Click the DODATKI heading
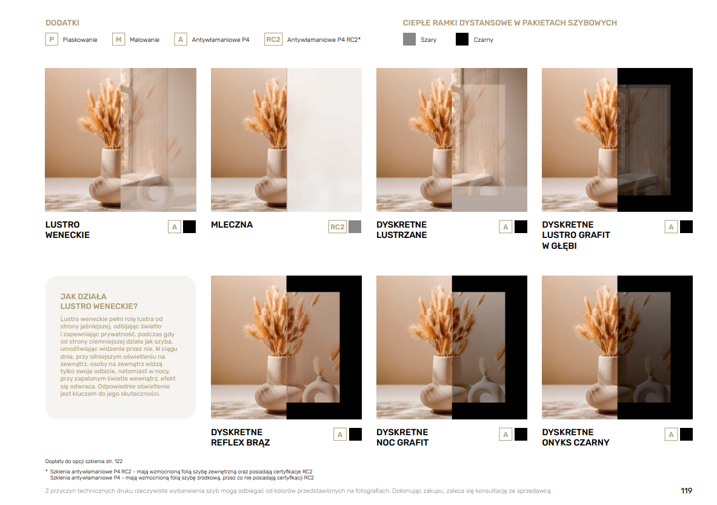point(62,23)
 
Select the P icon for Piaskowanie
point(52,39)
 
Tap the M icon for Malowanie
point(118,39)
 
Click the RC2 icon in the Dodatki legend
point(273,39)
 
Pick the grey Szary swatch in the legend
point(409,39)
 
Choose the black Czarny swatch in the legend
point(462,39)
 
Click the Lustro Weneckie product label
point(67,230)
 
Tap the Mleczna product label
point(232,225)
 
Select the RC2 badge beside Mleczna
point(338,226)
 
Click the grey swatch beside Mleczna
point(355,226)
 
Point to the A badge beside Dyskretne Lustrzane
point(505,226)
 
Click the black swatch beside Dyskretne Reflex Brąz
point(355,434)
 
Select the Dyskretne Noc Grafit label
point(402,437)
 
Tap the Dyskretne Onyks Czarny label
point(576,437)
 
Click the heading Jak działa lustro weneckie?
point(99,301)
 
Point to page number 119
point(686,491)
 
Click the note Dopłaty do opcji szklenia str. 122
point(84,461)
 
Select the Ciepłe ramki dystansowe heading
point(510,23)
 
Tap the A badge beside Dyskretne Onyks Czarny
point(671,434)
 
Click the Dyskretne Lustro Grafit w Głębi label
point(576,236)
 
